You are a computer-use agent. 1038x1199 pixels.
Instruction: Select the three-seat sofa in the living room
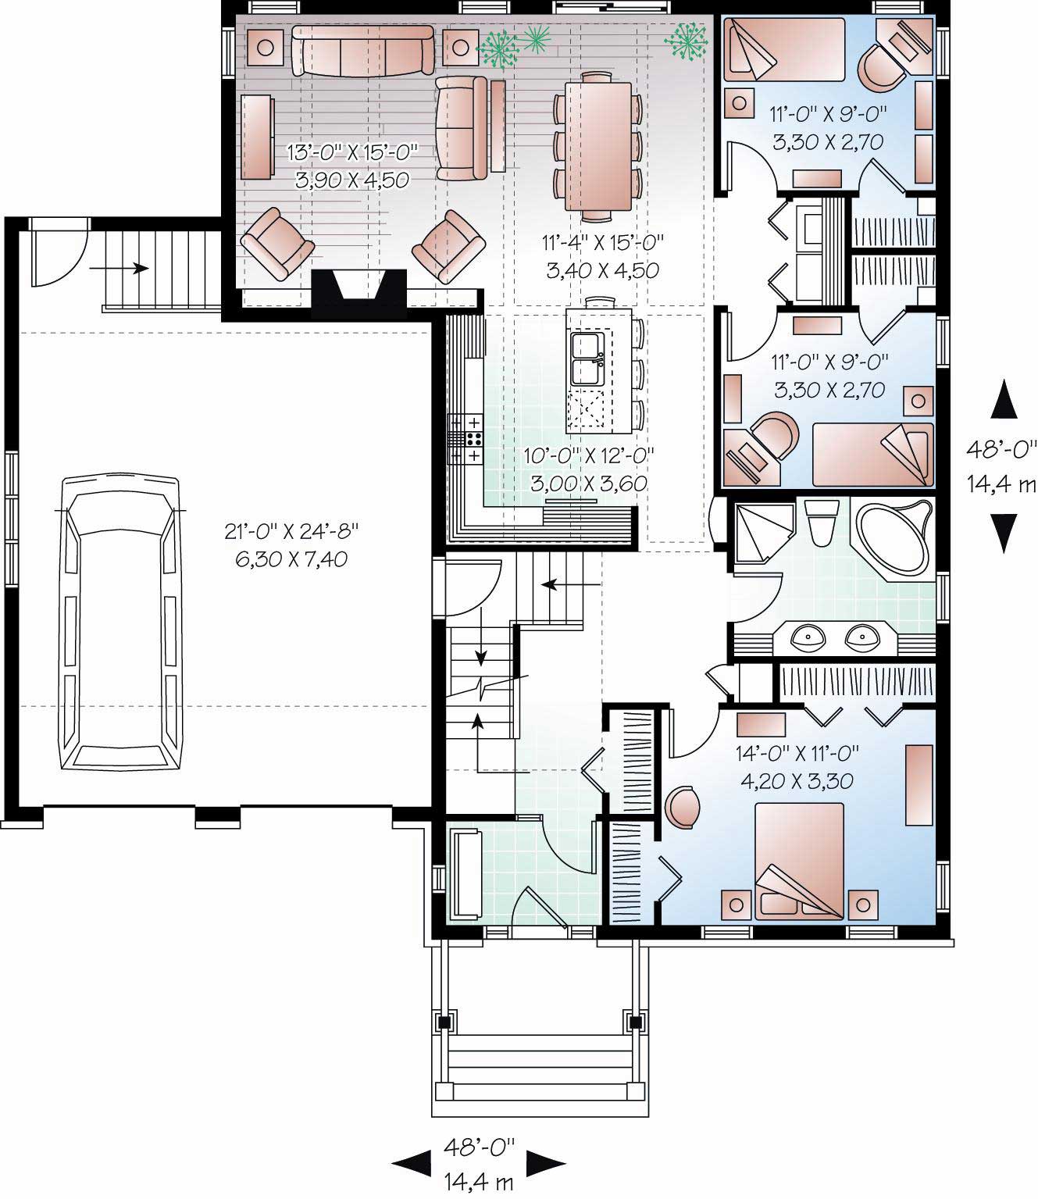(362, 51)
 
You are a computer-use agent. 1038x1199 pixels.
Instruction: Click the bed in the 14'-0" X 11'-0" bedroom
(800, 859)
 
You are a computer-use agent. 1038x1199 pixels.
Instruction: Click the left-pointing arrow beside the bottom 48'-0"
(412, 1164)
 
